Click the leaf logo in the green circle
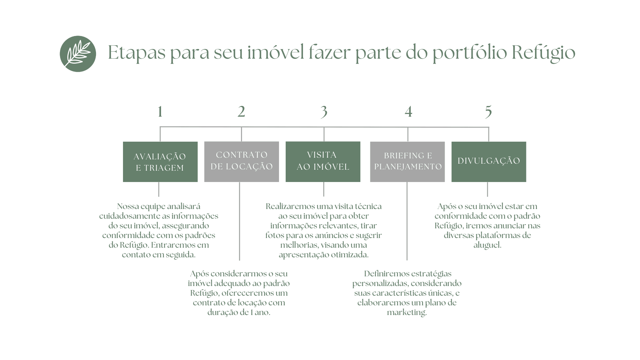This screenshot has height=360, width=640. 78,54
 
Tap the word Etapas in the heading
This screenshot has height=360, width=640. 137,53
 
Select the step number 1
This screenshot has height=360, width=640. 160,112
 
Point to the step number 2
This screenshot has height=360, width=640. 241,112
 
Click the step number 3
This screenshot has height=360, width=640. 324,112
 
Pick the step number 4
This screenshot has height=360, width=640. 408,112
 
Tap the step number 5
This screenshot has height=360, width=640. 489,112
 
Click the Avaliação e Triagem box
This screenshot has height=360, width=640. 160,162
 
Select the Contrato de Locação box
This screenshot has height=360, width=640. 242,162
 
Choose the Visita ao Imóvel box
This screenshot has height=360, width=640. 323,162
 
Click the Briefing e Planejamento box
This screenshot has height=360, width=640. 407,162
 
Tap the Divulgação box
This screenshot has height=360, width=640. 489,162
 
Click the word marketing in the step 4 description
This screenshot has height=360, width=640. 407,313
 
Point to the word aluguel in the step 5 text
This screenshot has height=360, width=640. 487,245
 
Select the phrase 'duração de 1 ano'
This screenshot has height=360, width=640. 239,312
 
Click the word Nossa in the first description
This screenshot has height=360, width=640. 128,206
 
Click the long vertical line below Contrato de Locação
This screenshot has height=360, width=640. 240,221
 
